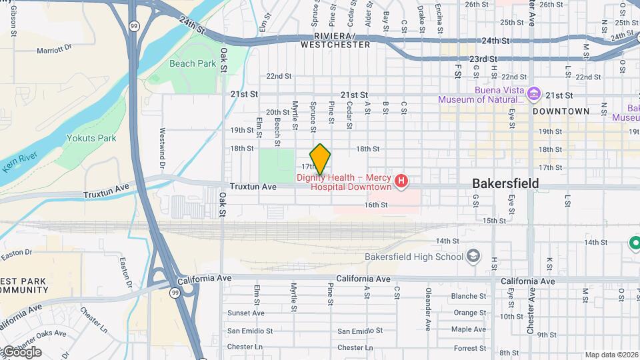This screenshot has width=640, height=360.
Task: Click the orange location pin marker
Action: click(x=320, y=159)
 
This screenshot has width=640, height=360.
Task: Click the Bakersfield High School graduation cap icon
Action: click(x=473, y=257)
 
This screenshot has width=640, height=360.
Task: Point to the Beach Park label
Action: click(x=192, y=64)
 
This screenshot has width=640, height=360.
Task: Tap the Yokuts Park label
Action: click(x=91, y=139)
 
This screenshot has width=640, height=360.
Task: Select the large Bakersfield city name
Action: click(x=505, y=183)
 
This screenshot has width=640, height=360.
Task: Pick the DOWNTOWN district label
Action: click(x=561, y=111)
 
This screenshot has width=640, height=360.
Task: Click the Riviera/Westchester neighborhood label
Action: click(x=335, y=40)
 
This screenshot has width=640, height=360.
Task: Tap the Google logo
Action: click(x=22, y=352)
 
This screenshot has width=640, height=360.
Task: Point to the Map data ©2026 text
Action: click(x=611, y=355)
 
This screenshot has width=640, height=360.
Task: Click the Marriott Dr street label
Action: click(x=54, y=49)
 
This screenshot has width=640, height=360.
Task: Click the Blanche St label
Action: click(x=469, y=296)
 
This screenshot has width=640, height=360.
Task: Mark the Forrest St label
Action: click(x=470, y=348)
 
